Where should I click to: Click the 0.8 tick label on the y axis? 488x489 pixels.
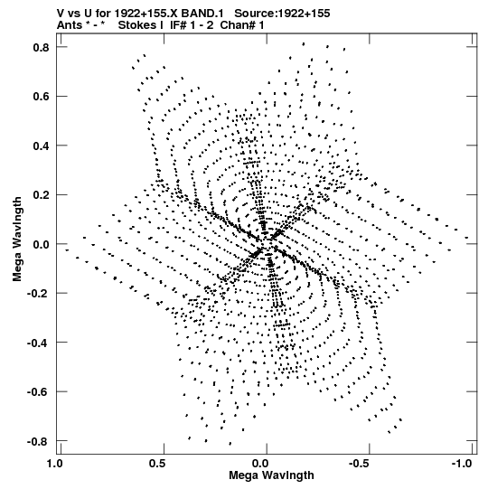(42, 47)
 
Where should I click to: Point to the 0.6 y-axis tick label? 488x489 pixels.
(42, 97)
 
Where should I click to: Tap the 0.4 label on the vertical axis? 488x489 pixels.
(42, 146)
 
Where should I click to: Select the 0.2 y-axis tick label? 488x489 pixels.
(42, 195)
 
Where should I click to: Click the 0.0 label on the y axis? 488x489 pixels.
(42, 244)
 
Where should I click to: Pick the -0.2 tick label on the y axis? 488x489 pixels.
(38, 293)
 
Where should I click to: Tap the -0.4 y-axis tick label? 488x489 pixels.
(38, 343)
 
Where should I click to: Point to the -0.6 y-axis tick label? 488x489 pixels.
(38, 391)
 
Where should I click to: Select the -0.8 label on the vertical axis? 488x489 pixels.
(38, 441)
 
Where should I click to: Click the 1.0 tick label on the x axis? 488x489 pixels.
(55, 464)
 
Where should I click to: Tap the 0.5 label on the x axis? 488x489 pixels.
(158, 464)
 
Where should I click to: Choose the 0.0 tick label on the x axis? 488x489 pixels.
(260, 464)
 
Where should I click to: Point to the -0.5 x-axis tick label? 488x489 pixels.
(361, 464)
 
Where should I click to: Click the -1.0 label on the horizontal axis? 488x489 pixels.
(463, 464)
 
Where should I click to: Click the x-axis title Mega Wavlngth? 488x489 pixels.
(271, 476)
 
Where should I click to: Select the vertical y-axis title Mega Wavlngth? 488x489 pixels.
(17, 239)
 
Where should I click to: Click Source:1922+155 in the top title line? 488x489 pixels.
(282, 14)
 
